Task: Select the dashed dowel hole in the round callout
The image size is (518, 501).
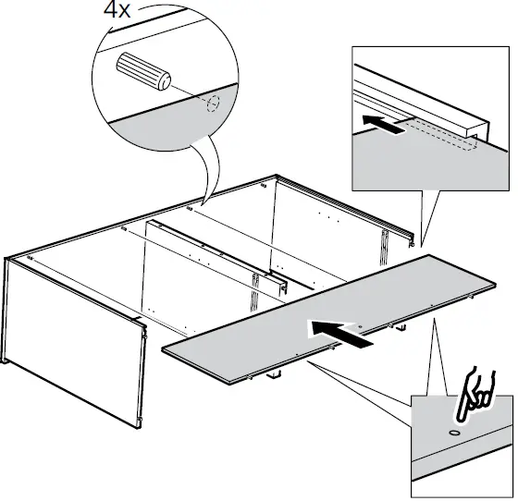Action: pos(211,103)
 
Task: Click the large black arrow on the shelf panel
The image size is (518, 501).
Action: pos(341,331)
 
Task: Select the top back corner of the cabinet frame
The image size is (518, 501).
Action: pos(275,176)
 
